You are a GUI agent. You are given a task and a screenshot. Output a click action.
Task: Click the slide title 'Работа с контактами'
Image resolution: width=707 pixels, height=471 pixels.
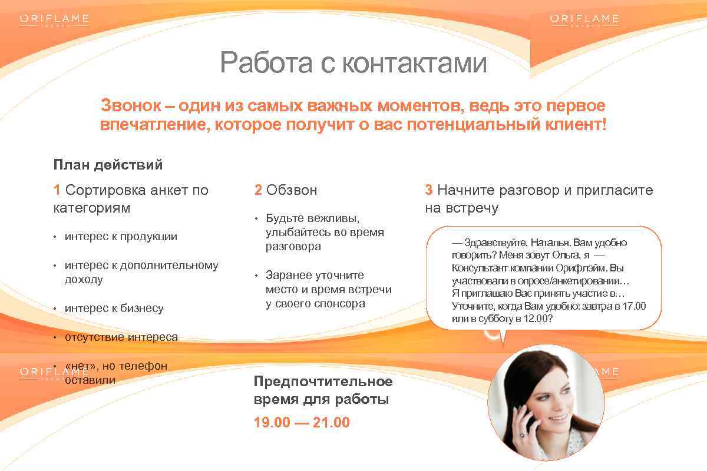coord(353,63)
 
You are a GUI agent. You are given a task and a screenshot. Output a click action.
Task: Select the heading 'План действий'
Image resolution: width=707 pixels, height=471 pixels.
coord(108,165)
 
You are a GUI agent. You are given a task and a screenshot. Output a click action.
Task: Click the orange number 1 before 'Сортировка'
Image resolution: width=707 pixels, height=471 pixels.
coord(57,190)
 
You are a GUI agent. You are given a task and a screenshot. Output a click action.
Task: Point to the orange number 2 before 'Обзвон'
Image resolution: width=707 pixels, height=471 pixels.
coord(258,190)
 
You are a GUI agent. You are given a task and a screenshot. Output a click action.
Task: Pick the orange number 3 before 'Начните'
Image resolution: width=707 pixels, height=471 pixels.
coord(429,190)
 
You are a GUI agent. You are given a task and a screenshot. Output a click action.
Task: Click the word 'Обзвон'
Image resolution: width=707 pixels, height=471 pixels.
coord(292,190)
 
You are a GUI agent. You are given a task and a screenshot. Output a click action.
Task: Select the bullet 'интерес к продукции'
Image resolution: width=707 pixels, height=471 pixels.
coord(121,237)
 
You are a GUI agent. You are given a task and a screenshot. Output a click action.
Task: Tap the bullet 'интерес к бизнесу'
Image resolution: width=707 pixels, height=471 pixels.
coord(114,309)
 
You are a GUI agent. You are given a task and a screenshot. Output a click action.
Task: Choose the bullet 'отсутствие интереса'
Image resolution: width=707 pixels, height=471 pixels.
coord(121,337)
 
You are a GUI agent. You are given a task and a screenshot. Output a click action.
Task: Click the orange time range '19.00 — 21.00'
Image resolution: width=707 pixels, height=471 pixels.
coord(302,423)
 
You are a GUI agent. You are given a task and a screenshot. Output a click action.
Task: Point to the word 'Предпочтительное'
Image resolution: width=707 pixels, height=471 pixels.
coord(323,382)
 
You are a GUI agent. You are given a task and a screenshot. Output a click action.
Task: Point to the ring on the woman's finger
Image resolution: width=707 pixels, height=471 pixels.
coord(521,434)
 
